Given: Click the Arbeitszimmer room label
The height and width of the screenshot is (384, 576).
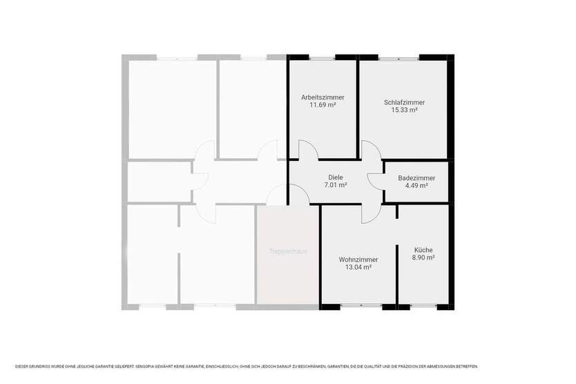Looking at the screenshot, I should (323, 97).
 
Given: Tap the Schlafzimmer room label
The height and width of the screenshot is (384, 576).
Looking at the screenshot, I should (404, 102).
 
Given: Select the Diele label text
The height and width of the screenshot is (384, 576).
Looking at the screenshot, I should (336, 177).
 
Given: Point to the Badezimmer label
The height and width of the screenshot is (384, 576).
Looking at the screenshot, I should (416, 177).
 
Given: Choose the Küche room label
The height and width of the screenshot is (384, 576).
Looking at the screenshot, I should (423, 249).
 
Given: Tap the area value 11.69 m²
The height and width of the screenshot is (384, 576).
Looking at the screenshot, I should (323, 105).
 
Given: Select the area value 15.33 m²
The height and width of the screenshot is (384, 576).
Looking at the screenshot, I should (404, 110).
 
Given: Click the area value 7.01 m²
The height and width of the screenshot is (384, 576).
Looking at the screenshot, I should (336, 185).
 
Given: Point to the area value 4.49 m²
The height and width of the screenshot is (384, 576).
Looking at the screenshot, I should (416, 185).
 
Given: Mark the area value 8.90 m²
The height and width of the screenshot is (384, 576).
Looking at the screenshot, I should (423, 257).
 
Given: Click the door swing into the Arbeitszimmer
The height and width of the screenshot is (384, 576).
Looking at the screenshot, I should (308, 150).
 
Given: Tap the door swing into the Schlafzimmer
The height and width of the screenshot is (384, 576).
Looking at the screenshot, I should (371, 150).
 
